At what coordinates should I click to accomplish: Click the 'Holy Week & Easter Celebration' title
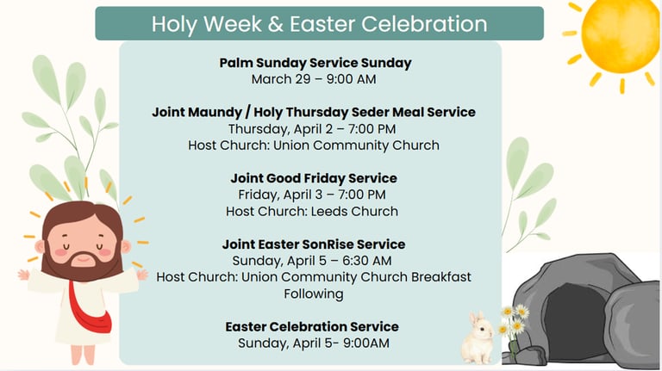[x=319, y=23]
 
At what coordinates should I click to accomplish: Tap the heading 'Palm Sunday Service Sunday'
[x=315, y=63]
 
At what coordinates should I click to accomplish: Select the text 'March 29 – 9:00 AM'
[x=314, y=79]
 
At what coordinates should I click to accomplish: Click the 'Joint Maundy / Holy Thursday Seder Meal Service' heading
[x=314, y=112]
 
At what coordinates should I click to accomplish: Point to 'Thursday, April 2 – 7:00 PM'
[x=312, y=129]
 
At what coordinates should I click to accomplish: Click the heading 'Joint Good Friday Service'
[x=314, y=178]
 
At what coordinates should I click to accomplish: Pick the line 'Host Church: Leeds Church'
[x=312, y=211]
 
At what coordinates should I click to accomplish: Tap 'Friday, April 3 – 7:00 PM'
[x=312, y=195]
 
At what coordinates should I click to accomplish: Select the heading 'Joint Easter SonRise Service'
[x=314, y=244]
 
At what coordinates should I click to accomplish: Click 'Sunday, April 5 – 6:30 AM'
[x=312, y=261]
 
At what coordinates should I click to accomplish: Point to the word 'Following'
[x=314, y=294]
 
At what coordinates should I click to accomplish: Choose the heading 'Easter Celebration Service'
[x=312, y=327]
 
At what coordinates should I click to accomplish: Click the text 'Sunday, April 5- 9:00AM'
[x=314, y=343]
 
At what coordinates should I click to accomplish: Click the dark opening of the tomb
[x=575, y=320]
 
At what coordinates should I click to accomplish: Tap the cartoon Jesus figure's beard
[x=83, y=263]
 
